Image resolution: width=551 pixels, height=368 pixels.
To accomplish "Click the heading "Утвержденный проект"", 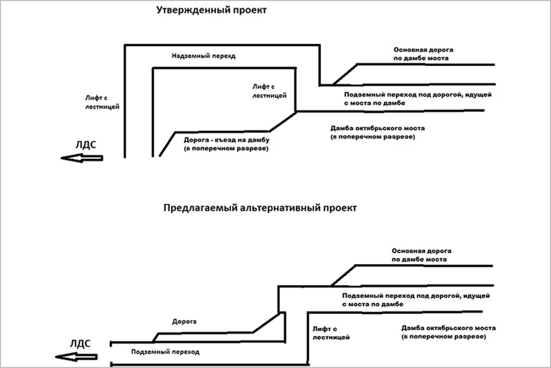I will coord(211,11).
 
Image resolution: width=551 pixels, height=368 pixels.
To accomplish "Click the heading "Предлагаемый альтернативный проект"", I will coord(259,207).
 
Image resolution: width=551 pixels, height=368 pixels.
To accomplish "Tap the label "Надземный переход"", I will coord(203,56).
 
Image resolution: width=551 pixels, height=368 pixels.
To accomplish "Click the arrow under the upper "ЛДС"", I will coord(81,158).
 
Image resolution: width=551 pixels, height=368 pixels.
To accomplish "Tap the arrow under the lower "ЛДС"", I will coord(76,356).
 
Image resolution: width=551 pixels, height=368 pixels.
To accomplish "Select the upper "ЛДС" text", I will coord(86,144).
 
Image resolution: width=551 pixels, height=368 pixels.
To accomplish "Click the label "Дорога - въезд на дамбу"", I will coord(226,143).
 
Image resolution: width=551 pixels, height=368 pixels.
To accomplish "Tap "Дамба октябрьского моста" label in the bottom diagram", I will coord(448,332).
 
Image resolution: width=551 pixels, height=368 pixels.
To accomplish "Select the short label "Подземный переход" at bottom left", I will coord(165,352).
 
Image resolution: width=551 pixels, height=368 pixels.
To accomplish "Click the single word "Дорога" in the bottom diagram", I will coord(184,322).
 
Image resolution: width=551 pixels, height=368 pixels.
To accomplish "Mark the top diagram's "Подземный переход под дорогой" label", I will coord(418,99).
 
